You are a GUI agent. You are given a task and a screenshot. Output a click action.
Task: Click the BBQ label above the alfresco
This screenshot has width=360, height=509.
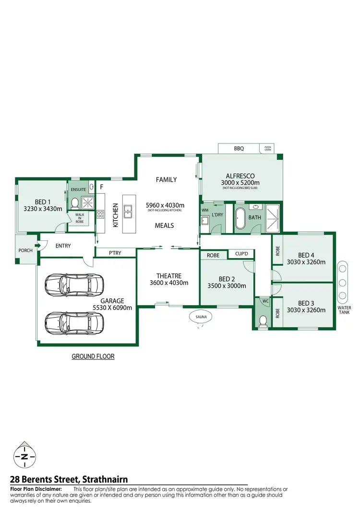click(x=239, y=149)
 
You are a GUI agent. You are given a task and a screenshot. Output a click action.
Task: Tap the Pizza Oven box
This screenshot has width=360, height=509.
click(x=267, y=148)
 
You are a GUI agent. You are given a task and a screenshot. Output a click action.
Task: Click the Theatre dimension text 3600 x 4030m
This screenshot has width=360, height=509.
click(x=168, y=283)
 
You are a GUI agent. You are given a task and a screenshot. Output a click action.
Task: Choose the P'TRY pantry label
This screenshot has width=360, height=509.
click(x=114, y=252)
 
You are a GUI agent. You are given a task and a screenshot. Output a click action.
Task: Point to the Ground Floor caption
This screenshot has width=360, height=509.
click(x=93, y=356)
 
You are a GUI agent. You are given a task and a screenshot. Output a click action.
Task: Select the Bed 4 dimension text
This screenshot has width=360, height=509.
click(x=306, y=262)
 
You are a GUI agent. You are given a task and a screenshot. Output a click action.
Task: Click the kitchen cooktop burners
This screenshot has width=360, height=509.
click(x=100, y=214)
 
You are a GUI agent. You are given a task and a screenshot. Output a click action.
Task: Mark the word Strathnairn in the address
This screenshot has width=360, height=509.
click(x=105, y=480)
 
